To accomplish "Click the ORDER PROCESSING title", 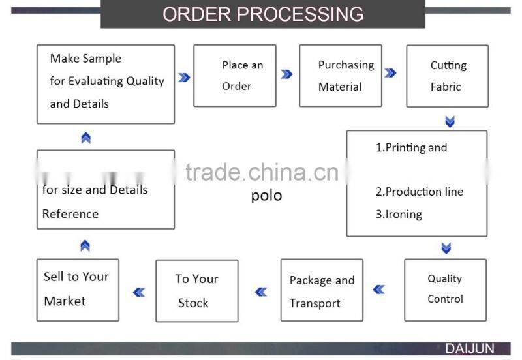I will pyautogui.click(x=262, y=14).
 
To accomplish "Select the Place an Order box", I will pyautogui.click(x=235, y=76).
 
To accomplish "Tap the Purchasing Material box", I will pyautogui.click(x=341, y=76).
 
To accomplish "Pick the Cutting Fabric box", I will pyautogui.click(x=448, y=76).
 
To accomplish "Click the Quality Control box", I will pyautogui.click(x=445, y=290).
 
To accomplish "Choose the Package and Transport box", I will pyautogui.click(x=322, y=291).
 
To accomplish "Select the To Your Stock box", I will pyautogui.click(x=196, y=291).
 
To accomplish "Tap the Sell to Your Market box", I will pyautogui.click(x=78, y=290).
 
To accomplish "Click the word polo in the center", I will pyautogui.click(x=266, y=196).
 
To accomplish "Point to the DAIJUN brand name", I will pyautogui.click(x=470, y=349).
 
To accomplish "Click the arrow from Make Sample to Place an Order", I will pyautogui.click(x=184, y=77).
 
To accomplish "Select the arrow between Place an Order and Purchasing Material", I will pyautogui.click(x=286, y=74).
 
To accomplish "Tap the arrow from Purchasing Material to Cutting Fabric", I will pyautogui.click(x=390, y=73).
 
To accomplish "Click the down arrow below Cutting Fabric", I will pyautogui.click(x=449, y=121).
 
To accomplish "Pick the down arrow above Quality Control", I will pyautogui.click(x=446, y=248).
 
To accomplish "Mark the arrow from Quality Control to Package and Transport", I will pyautogui.click(x=378, y=290).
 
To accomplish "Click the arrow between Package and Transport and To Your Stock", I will pyautogui.click(x=261, y=292).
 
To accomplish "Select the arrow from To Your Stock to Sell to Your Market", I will pyautogui.click(x=138, y=292).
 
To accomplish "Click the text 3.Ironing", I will pyautogui.click(x=399, y=214).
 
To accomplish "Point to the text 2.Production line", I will pyautogui.click(x=419, y=192).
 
